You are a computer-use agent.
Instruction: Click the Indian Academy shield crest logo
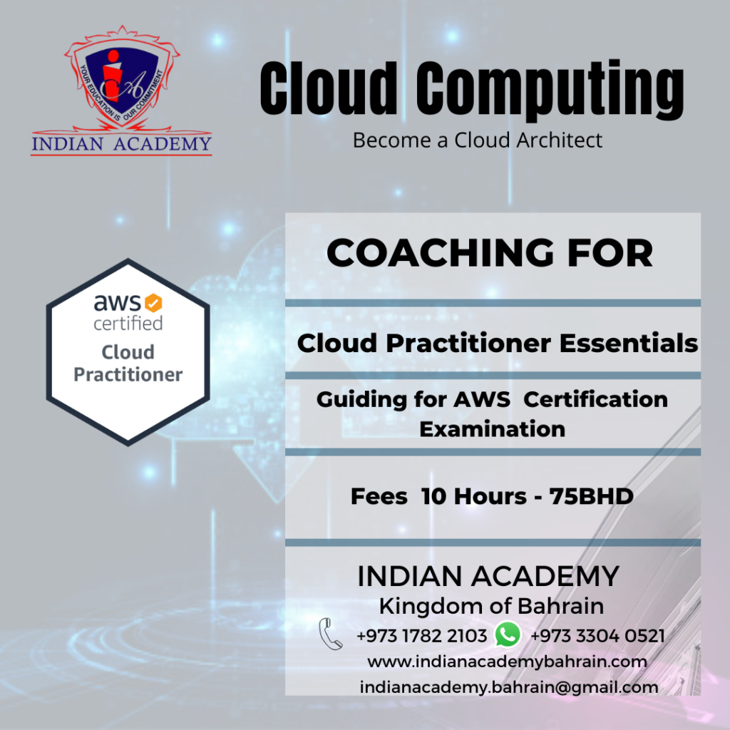[x=121, y=78]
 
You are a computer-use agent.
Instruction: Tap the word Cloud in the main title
[x=328, y=88]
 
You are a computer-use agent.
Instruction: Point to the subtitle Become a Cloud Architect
[x=478, y=140]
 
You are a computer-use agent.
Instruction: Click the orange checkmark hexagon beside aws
[x=153, y=302]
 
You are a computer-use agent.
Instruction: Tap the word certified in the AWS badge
[x=128, y=323]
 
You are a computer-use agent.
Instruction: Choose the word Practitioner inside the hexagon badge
[x=128, y=374]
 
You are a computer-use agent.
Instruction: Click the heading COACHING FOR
[x=490, y=253]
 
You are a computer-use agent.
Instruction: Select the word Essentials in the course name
[x=629, y=343]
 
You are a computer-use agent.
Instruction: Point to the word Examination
[x=492, y=428]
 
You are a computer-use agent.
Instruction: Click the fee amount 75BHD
[x=591, y=496]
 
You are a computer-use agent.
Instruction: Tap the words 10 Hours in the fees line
[x=473, y=496]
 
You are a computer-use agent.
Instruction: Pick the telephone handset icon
[x=331, y=634]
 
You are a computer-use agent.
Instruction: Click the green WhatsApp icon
[x=508, y=634]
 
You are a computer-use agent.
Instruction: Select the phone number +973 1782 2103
[x=422, y=636]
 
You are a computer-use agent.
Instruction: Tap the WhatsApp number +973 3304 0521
[x=597, y=636]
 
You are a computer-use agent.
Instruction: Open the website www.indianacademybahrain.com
[x=507, y=662]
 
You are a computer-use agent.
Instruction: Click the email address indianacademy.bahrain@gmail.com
[x=509, y=687]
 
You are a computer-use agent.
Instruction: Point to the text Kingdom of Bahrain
[x=491, y=606]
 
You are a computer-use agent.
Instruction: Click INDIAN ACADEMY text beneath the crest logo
[x=121, y=144]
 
